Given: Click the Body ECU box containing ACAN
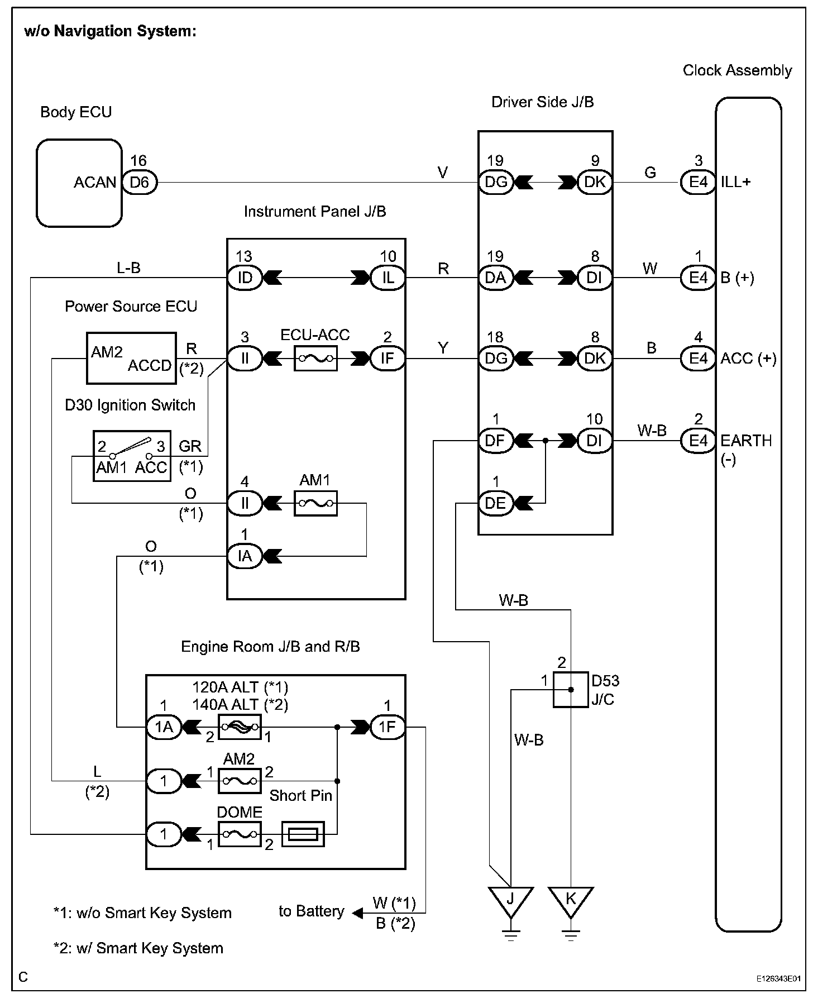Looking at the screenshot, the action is [79, 183].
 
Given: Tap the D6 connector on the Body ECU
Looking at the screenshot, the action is [140, 182].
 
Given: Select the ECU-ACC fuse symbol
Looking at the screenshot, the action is [315, 358].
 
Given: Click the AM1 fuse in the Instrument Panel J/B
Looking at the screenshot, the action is [315, 503].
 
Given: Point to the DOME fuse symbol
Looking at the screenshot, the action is [240, 834].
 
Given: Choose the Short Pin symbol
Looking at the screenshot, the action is [303, 835].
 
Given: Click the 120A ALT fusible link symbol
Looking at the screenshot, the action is [240, 727].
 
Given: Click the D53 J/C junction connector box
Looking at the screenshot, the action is [571, 690].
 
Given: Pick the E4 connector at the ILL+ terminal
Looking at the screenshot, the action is [698, 182].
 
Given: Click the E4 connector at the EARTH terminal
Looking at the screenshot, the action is [698, 441].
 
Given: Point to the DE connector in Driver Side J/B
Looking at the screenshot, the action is [495, 503].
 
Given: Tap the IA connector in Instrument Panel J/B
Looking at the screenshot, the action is [245, 556].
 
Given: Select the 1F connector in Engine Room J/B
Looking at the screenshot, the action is [388, 727].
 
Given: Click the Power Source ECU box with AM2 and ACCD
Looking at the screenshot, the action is [131, 359].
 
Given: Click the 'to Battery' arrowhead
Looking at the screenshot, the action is [358, 913].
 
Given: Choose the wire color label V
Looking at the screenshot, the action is [443, 173].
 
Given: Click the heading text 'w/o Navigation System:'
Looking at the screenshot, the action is [111, 31].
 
